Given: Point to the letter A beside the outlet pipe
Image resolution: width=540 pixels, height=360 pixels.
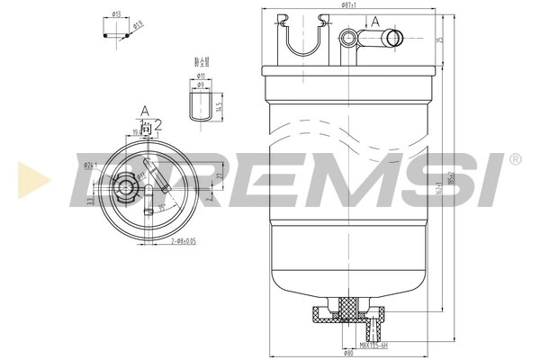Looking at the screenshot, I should tap(374, 20).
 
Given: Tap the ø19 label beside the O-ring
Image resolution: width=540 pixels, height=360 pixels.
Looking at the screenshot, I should tap(138, 25).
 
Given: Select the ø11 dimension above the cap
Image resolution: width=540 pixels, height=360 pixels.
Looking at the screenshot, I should tap(202, 77).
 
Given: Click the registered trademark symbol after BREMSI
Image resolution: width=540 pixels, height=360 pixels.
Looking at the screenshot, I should tap(514, 159).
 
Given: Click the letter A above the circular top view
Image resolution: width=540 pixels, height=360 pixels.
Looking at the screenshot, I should tap(143, 112).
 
